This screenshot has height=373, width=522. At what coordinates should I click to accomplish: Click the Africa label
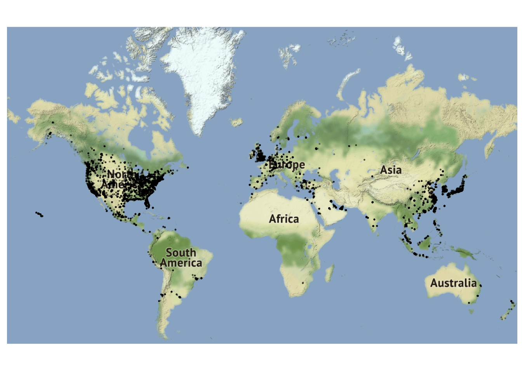[284, 219]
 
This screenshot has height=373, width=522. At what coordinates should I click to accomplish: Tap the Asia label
[391, 170]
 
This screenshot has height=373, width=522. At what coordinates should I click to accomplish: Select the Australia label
[453, 283]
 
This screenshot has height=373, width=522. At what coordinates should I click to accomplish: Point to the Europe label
[287, 165]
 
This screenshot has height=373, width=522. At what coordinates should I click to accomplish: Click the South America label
[181, 258]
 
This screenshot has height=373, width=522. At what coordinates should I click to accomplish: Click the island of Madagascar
[329, 273]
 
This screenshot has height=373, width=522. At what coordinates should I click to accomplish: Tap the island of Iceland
[237, 123]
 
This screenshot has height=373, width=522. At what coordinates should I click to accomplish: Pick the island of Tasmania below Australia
[472, 311]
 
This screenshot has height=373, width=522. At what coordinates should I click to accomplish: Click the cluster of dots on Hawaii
[39, 214]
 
